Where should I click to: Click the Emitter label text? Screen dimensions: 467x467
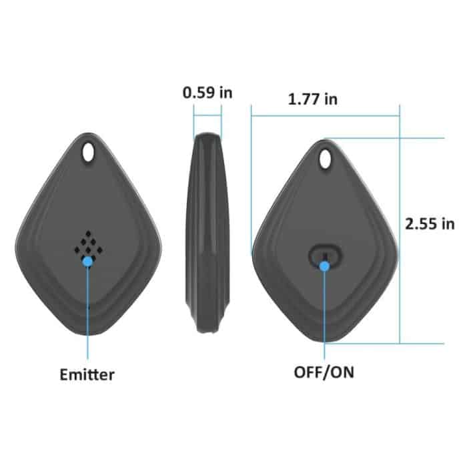click(87, 374)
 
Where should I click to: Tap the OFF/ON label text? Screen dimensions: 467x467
click(324, 372)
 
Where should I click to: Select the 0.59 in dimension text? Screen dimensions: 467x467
click(207, 92)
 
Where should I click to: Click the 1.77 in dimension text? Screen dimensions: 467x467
click(313, 99)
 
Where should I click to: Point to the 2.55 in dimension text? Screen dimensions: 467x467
click(430, 223)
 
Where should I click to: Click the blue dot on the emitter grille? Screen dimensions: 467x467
click(87, 262)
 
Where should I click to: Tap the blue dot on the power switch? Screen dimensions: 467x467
click(325, 266)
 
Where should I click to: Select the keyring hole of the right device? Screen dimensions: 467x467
click(326, 159)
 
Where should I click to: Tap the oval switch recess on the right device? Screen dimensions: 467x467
click(325, 256)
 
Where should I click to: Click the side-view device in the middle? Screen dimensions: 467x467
click(207, 233)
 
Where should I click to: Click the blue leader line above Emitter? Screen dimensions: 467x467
click(87, 314)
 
